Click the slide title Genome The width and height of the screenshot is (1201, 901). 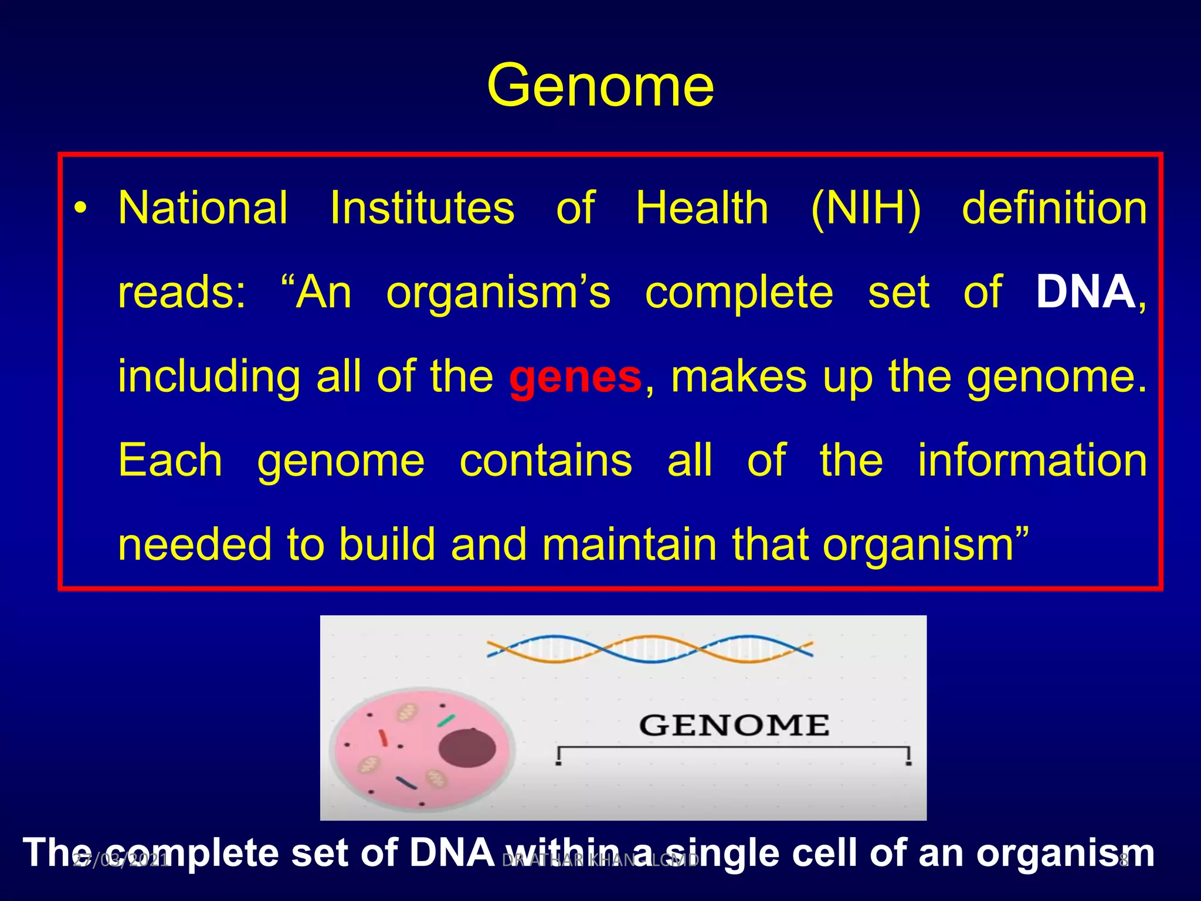click(600, 87)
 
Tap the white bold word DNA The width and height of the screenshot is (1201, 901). click(1085, 292)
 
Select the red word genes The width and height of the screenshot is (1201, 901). click(575, 377)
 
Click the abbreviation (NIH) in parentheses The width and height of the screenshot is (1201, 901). click(866, 208)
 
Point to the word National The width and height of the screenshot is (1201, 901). click(203, 208)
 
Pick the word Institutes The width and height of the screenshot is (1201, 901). click(422, 208)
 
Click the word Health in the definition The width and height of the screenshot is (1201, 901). click(702, 208)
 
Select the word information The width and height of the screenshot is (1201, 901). click(1032, 460)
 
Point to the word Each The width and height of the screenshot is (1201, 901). click(170, 460)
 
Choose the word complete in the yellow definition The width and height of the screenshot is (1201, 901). click(739, 292)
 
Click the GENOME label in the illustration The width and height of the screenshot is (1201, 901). click(734, 726)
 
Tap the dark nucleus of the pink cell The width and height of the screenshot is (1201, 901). click(467, 748)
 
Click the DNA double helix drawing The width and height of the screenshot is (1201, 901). click(649, 649)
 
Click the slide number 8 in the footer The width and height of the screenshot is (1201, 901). click(1124, 861)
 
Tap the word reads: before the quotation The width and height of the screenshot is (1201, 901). click(182, 292)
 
